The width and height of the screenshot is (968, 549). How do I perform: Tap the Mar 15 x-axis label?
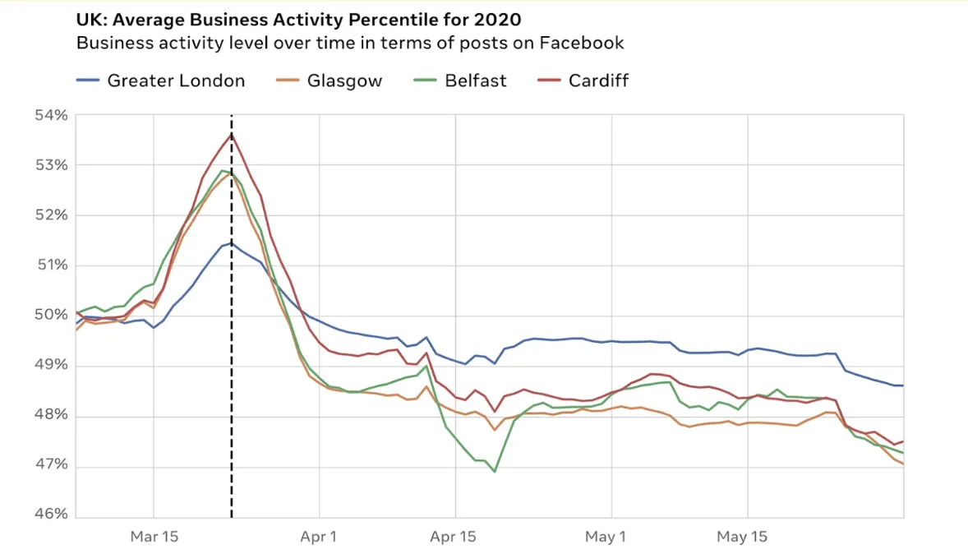click(154, 537)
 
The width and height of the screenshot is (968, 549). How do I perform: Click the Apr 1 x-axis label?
click(318, 537)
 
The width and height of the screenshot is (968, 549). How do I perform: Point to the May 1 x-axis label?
click(606, 537)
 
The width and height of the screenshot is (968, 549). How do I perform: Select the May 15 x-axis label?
click(742, 537)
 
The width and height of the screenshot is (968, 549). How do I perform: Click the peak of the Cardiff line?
click(232, 133)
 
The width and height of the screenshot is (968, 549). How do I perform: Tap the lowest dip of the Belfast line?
click(495, 472)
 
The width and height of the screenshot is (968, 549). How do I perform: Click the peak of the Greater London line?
click(232, 243)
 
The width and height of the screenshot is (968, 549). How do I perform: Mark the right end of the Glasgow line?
click(903, 464)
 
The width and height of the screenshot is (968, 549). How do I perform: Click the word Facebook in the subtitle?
click(582, 43)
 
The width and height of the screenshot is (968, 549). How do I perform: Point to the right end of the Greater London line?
click(903, 385)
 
